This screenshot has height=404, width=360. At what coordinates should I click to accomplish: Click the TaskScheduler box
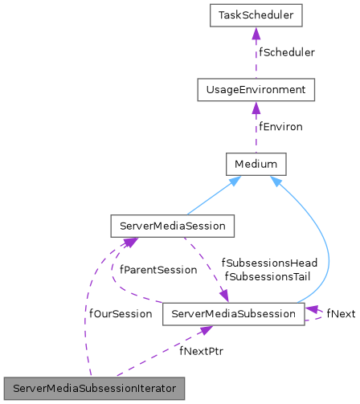[x=254, y=15]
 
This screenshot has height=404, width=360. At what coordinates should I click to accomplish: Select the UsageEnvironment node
[x=254, y=89]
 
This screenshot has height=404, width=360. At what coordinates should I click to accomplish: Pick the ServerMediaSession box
[x=172, y=226]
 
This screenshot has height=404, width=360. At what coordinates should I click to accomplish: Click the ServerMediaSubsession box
[x=233, y=313]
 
